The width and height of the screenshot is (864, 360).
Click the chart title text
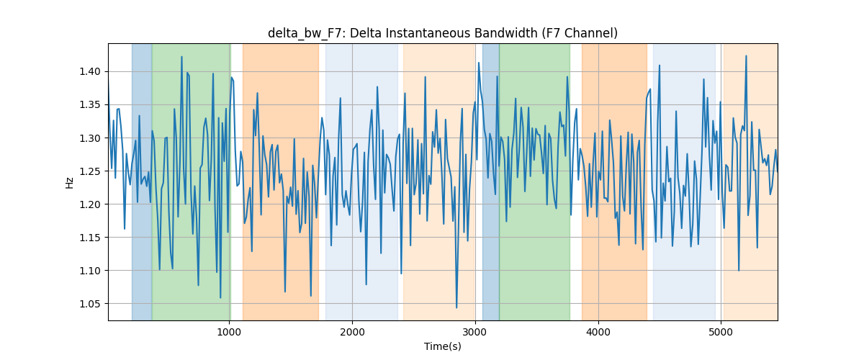pos(442,34)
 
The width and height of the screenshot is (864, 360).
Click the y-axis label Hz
pos(69,183)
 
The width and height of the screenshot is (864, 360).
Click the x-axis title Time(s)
pos(442,346)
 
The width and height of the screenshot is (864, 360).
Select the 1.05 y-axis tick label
pos(90,304)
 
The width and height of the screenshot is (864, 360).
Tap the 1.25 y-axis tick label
pos(90,171)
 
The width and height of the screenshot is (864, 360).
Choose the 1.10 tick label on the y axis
pos(90,271)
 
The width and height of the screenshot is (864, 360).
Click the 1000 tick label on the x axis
pos(230,332)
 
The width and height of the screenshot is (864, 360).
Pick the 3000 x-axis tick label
pos(475,332)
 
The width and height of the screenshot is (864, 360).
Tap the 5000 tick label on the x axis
pos(721,332)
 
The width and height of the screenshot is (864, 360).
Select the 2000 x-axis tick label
pos(352,332)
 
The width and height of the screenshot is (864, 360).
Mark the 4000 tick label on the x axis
pos(598,332)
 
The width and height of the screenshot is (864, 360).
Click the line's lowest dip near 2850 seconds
pos(456,308)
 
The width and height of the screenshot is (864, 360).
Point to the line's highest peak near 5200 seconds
pos(746,56)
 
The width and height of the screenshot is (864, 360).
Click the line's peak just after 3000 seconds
pos(479,63)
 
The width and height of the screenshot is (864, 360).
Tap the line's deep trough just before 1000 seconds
pos(220,298)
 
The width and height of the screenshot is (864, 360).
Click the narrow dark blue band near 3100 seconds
pos(490,182)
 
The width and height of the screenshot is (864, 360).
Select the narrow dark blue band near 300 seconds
pos(142,182)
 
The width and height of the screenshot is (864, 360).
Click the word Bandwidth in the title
pos(505,34)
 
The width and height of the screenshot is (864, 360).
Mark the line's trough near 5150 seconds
pos(739,271)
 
